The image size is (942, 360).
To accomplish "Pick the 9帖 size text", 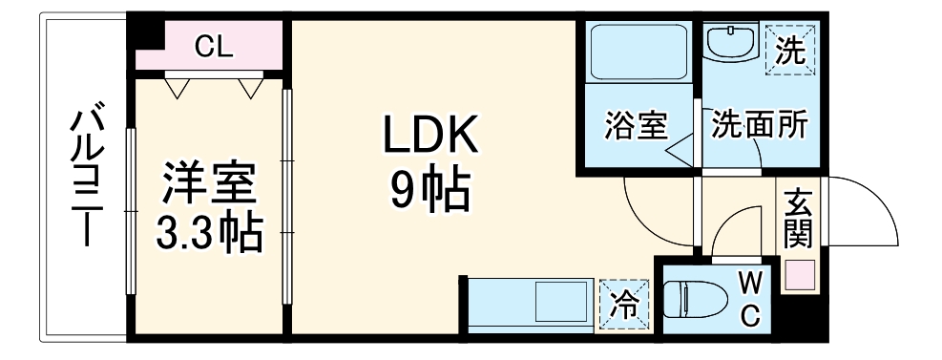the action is [429, 192].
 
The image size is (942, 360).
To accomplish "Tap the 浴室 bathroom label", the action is [637, 126].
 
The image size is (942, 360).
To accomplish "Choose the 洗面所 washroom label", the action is [760, 125].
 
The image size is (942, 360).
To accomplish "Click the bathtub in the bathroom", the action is [636, 53].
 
